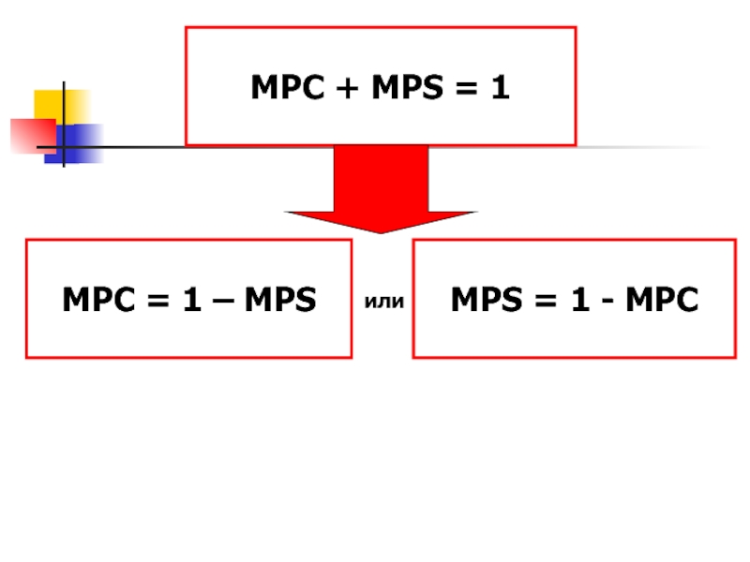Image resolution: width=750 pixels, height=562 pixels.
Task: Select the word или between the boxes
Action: click(x=382, y=302)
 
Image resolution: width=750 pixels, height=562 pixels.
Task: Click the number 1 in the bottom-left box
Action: click(x=190, y=301)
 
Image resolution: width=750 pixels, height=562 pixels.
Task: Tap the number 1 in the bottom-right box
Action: click(x=577, y=301)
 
